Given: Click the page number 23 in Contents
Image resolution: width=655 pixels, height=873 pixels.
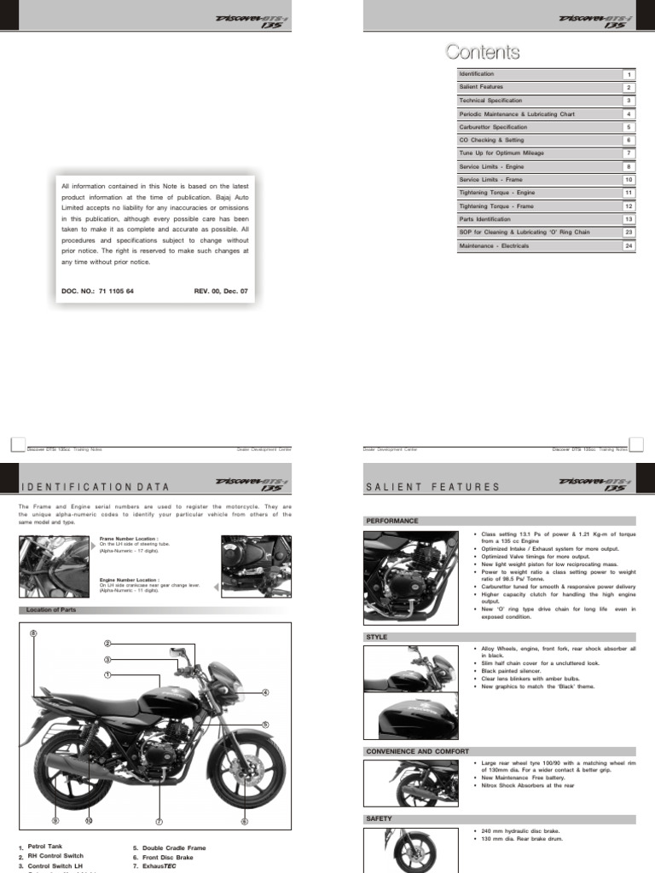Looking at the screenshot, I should point(629,232).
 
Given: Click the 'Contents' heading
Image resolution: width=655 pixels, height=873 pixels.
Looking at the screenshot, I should point(482,53).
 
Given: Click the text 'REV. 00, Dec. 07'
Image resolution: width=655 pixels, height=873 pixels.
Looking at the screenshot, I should point(221,291).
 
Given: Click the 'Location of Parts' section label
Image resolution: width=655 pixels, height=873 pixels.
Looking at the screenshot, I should point(51,610).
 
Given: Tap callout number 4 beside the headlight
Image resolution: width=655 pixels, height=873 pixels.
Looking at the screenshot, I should point(265,692).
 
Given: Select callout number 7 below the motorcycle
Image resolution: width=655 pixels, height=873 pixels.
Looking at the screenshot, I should point(159,822).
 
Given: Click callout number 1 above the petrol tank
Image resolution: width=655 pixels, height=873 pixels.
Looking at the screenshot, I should point(108,674).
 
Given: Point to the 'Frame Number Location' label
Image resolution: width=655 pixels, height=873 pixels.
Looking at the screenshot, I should point(129,539).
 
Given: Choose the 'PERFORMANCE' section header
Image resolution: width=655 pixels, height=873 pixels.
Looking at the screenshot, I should point(392,520).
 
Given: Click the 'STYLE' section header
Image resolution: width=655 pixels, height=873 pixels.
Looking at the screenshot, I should point(377,637).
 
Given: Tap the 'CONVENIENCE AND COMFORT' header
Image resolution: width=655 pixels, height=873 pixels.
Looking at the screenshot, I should point(417,751).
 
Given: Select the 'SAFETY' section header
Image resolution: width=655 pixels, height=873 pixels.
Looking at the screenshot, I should point(380,818).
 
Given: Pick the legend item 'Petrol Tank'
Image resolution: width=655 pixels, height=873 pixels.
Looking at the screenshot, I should point(45,847).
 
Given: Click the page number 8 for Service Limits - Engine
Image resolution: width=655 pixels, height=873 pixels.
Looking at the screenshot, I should point(629,166).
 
